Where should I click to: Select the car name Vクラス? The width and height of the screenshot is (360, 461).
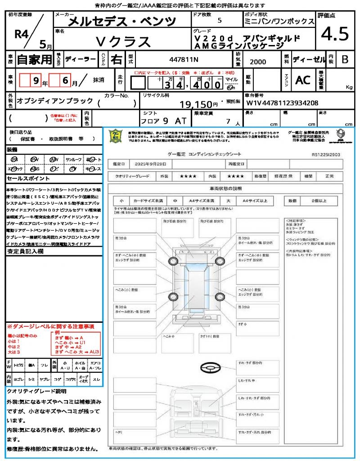pos(123,42)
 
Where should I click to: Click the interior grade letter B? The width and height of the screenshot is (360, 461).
pos(344,59)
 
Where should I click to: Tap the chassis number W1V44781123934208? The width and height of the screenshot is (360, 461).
pos(282,103)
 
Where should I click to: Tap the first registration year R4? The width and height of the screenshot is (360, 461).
pos(22,33)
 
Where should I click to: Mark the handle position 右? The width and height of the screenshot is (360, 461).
pos(117,59)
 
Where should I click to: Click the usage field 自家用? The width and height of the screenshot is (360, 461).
pos(35,59)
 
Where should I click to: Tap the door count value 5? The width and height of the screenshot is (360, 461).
pos(219,21)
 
